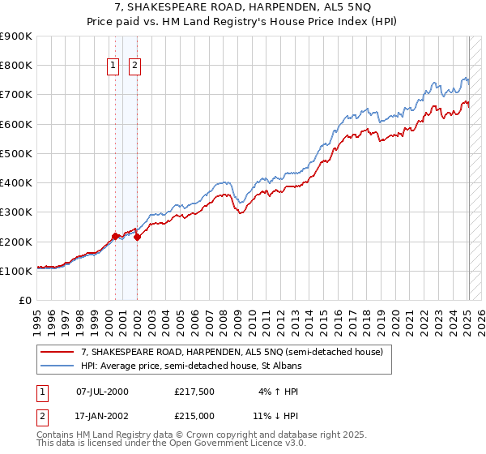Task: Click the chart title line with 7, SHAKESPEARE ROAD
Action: (242, 8)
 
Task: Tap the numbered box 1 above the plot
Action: (113, 66)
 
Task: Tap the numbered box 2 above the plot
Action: (134, 66)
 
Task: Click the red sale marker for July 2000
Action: (115, 236)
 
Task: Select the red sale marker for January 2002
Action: (137, 237)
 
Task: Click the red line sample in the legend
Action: (58, 351)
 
